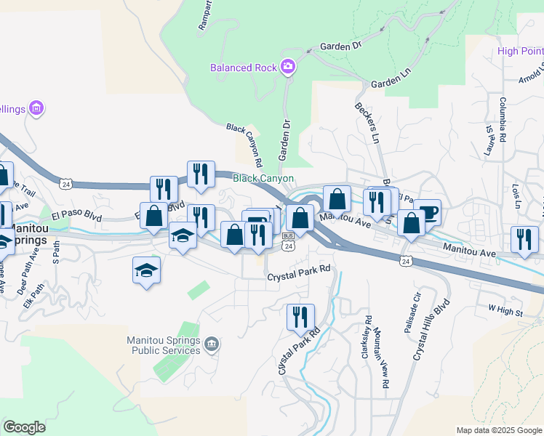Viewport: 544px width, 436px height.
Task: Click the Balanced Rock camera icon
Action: (289, 68)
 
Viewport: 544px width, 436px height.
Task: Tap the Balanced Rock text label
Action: (244, 68)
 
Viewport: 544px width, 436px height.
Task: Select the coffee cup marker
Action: (427, 212)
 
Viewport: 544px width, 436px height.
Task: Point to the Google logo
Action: (24, 427)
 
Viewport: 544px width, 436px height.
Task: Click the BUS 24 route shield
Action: (288, 241)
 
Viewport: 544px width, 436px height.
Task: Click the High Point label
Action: (521, 51)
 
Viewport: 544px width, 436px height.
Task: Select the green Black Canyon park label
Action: (263, 178)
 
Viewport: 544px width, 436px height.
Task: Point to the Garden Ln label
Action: (387, 84)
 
